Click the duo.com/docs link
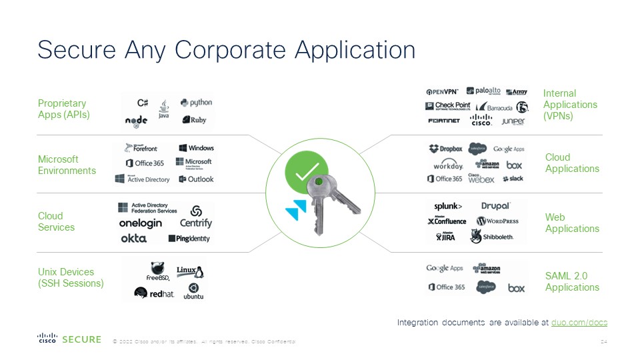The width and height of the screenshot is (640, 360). tap(579, 323)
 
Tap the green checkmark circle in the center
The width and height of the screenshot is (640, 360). tap(307, 171)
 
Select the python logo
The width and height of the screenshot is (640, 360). tap(196, 103)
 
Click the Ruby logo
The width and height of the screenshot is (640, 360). tap(194, 120)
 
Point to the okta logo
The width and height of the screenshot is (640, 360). tap(133, 238)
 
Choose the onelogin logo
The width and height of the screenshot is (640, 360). tap(140, 223)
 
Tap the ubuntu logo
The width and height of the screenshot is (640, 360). tap(193, 291)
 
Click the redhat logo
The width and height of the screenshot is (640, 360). tap(154, 293)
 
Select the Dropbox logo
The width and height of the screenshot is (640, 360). tap(445, 149)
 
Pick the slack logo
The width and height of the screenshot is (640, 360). tap(513, 179)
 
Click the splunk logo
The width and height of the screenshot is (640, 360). tap(448, 206)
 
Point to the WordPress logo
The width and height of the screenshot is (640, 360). tap(497, 221)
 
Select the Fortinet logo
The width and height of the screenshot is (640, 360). tap(443, 121)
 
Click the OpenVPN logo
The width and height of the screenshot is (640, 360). tap(443, 91)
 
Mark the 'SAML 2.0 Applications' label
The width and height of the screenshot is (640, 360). tap(572, 281)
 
